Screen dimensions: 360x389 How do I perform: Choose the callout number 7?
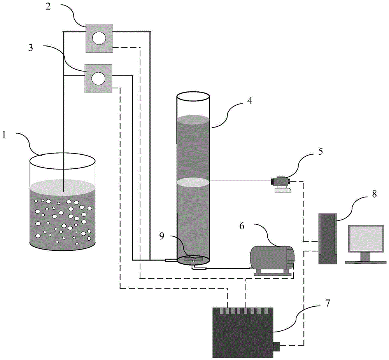coord(327,303)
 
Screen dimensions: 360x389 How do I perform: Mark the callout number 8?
coord(374,194)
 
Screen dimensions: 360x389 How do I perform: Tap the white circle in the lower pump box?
coord(99,78)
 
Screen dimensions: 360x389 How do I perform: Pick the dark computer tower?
coord(327,239)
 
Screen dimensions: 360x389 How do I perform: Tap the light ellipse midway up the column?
coord(193,182)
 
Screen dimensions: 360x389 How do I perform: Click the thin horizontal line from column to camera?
coord(241,180)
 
